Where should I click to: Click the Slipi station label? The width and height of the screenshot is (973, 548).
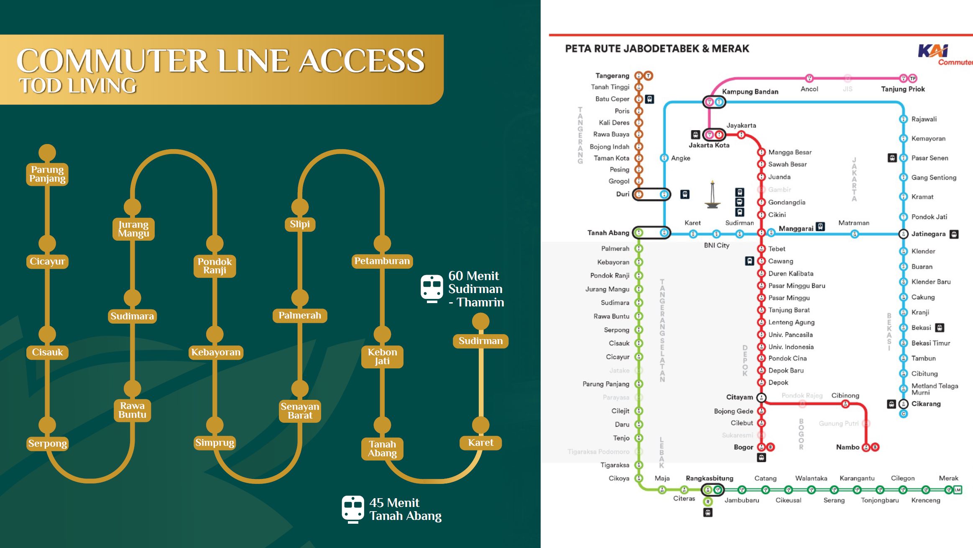point(300,224)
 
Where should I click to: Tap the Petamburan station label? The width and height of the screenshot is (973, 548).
point(382,261)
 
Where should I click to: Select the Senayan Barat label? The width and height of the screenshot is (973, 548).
point(300,411)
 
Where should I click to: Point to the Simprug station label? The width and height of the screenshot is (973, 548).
point(215,443)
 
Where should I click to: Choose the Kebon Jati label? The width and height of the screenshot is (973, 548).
point(382,356)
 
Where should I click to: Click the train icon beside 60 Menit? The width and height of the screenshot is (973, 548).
point(432,288)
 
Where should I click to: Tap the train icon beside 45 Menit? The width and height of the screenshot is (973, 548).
point(353,509)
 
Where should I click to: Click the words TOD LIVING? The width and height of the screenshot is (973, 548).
point(78,86)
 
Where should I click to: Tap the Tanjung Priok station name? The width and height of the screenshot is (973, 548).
point(903,89)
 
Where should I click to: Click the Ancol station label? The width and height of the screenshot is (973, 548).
point(809,89)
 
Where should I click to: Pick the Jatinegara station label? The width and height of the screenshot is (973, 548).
point(928,234)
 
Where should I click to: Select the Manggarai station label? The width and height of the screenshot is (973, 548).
point(796,229)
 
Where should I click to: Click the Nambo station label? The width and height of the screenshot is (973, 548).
point(847,447)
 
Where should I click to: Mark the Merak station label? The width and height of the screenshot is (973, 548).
point(948,478)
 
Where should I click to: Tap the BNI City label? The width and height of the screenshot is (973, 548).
point(716,245)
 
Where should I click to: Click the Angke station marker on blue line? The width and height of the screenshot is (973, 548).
point(664,158)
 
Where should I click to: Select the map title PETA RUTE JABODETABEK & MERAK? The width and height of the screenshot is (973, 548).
point(657,49)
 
